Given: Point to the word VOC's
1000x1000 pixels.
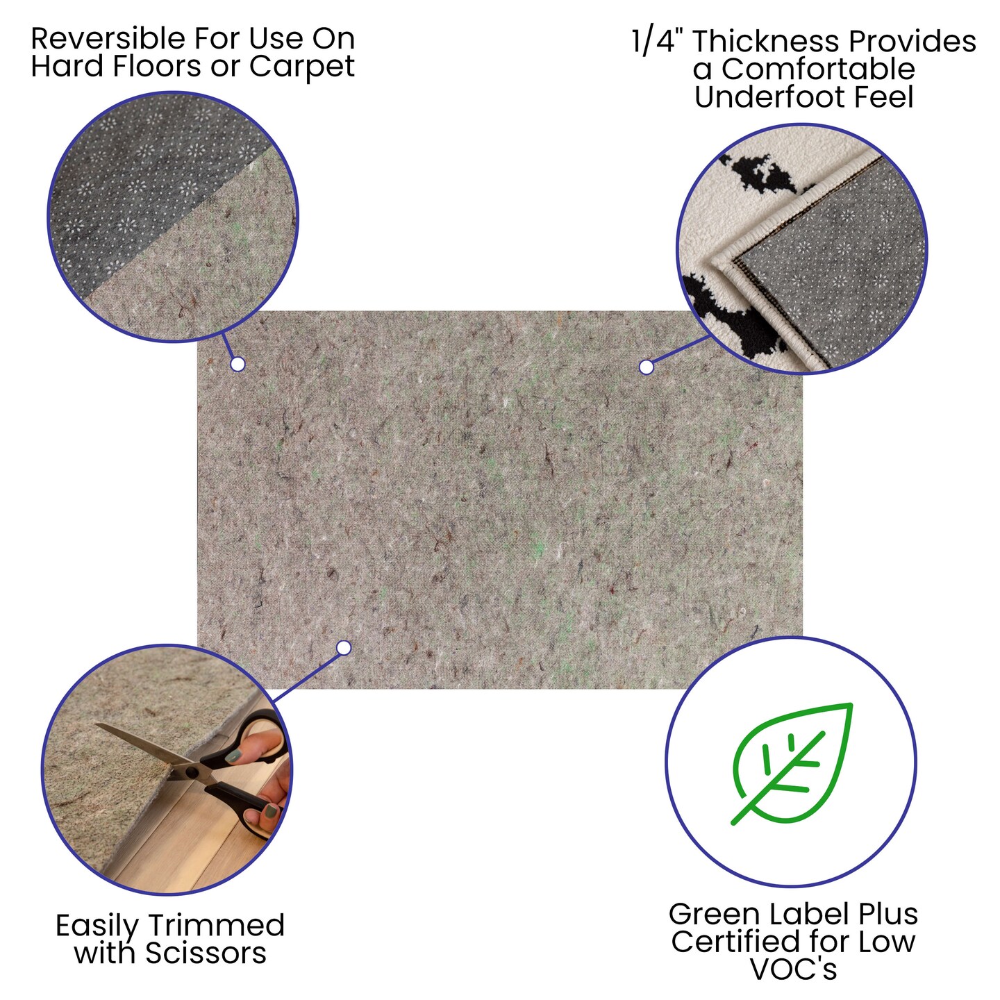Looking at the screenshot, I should tap(794, 969).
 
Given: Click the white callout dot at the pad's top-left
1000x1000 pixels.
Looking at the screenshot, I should tap(237, 364).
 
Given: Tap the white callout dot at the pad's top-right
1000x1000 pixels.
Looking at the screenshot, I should tap(646, 367).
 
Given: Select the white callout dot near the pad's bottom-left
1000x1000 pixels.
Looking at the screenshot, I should tap(343, 647).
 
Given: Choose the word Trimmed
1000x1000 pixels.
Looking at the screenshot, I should tap(216, 926).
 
